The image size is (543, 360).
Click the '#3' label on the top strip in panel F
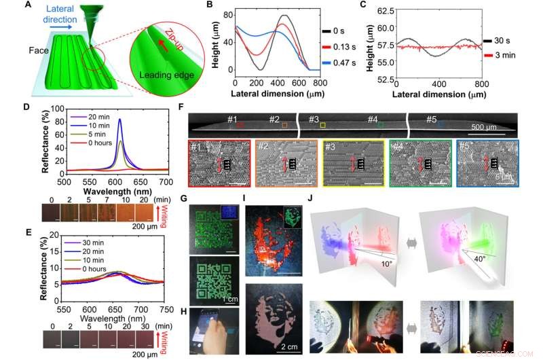point(314,120)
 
